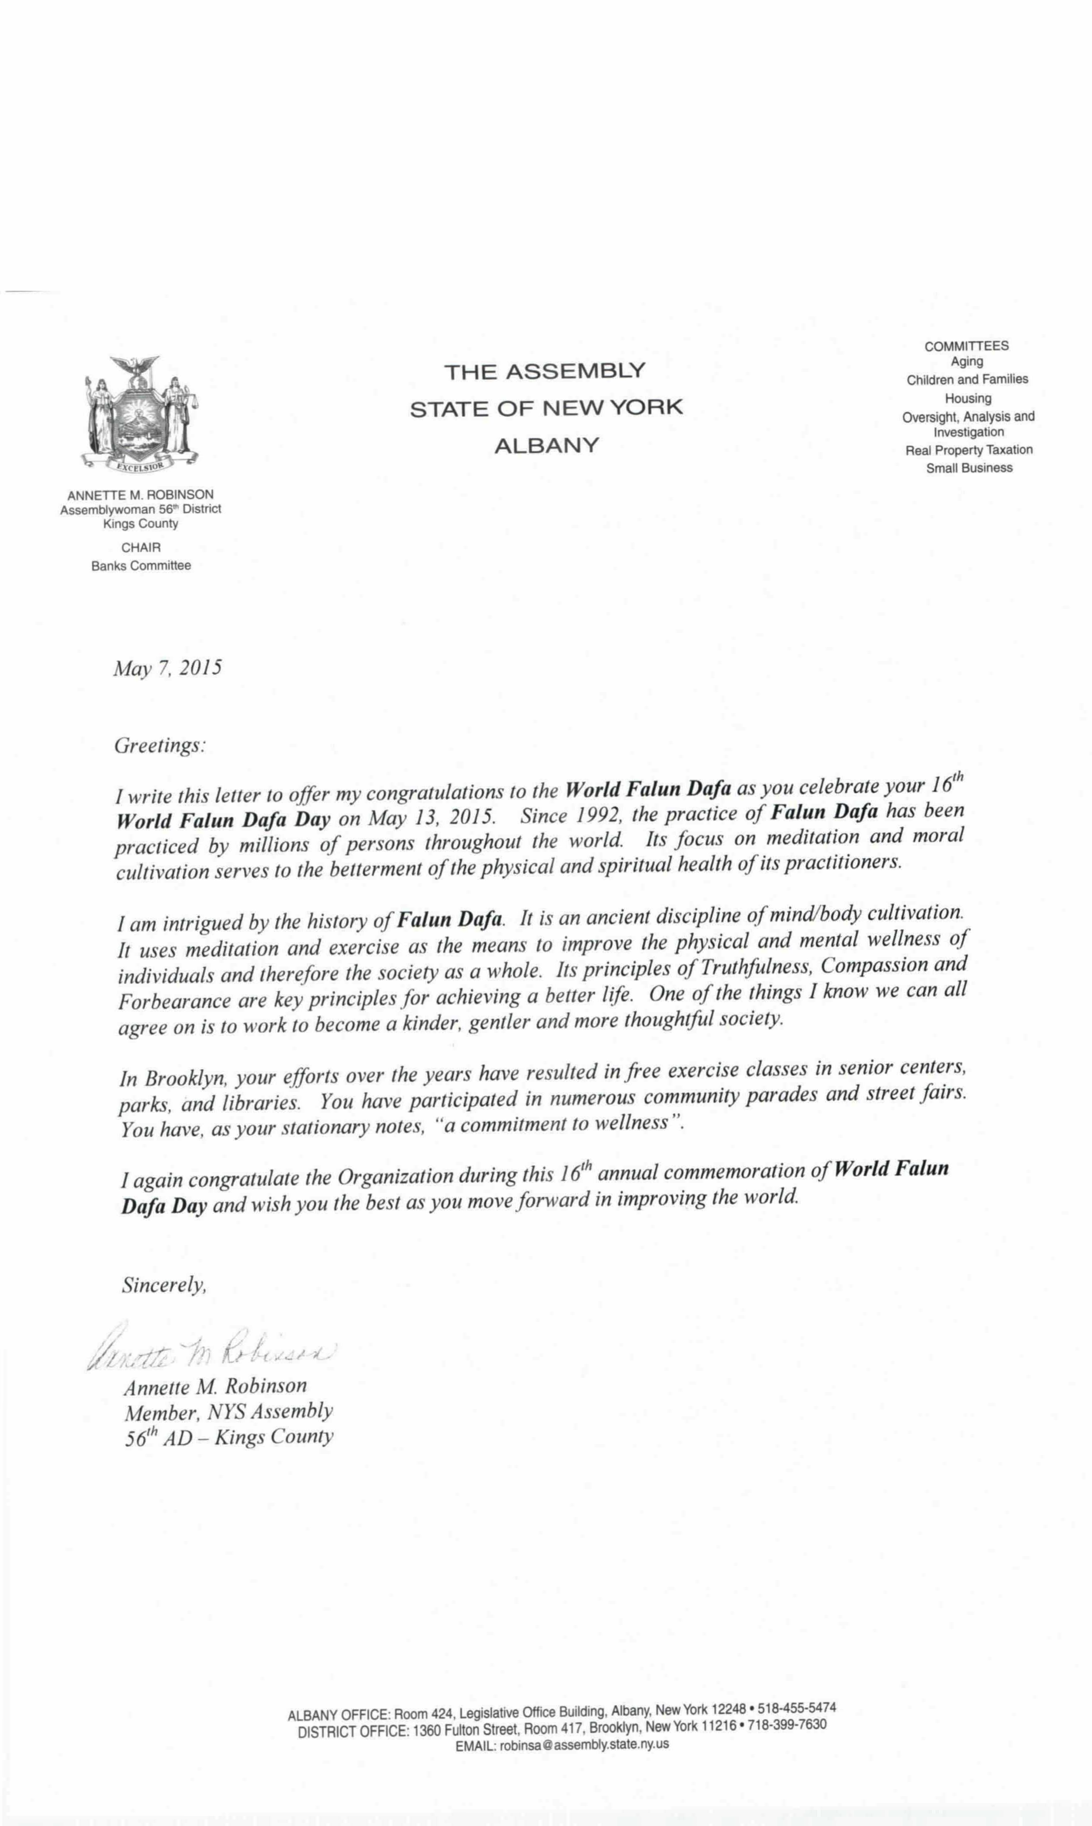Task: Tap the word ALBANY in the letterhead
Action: (x=546, y=446)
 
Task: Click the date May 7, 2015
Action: (x=167, y=668)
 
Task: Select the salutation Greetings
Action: (x=159, y=745)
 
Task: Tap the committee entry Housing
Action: (x=968, y=398)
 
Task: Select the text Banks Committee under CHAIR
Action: (x=141, y=566)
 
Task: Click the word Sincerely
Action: (x=163, y=1285)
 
